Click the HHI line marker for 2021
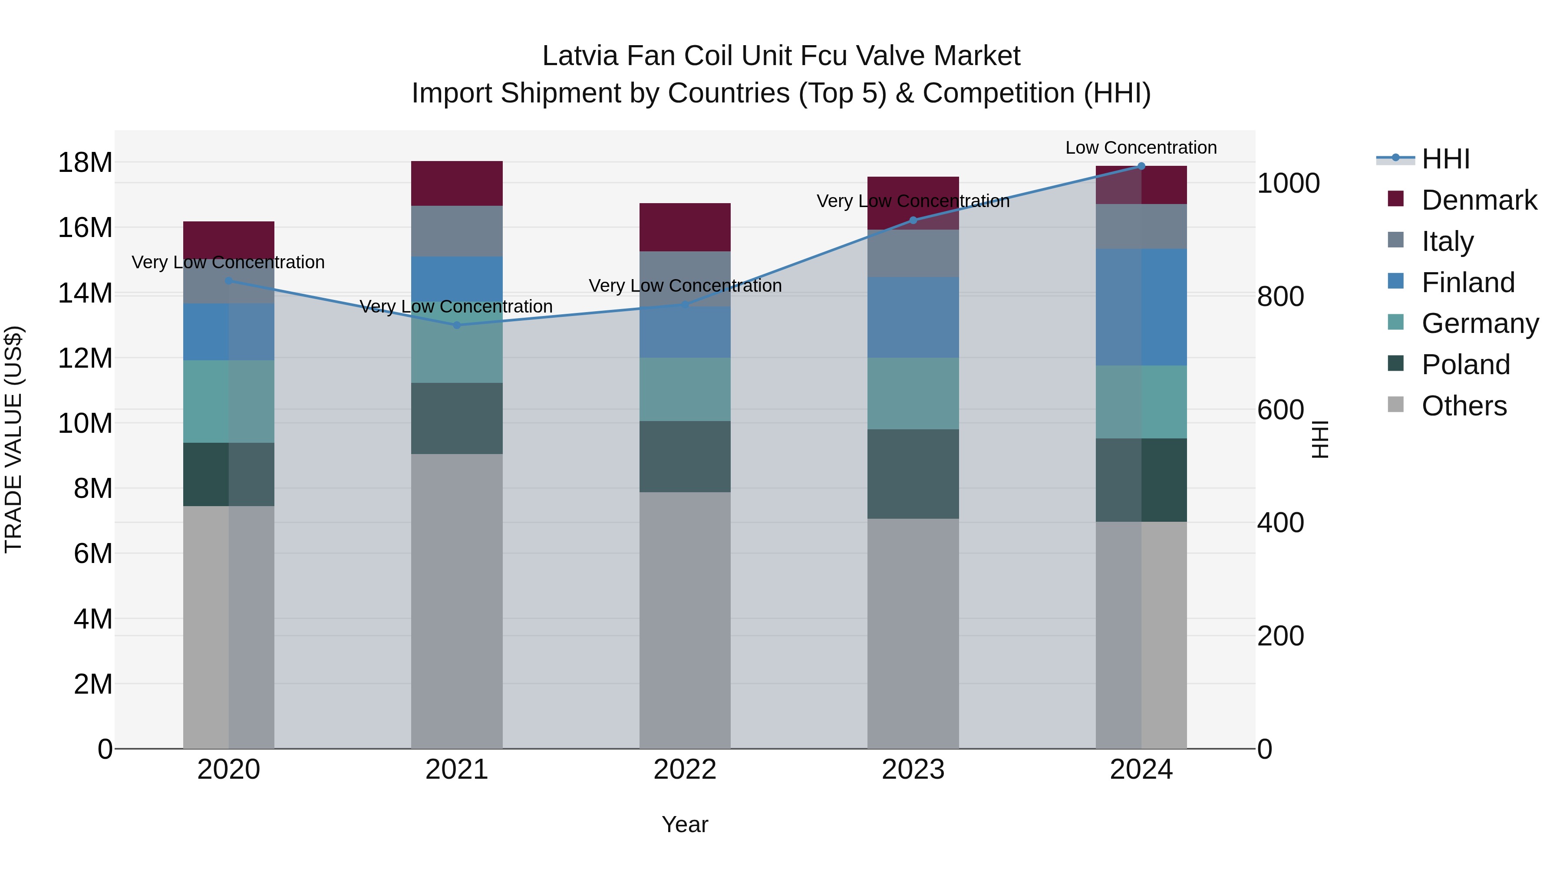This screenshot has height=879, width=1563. point(457,325)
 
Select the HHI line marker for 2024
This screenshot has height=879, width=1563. point(1141,166)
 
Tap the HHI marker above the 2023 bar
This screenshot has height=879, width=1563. point(913,220)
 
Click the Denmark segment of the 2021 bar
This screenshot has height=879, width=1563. point(457,183)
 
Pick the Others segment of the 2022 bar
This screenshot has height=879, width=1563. point(685,620)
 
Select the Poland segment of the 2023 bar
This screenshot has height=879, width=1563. point(913,474)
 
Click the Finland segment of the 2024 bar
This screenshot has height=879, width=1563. point(1141,307)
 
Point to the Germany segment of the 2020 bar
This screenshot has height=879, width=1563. point(229,402)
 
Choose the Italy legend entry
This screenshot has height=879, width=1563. point(1447,241)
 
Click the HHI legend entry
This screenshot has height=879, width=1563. point(1445,159)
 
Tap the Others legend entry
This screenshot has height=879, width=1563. point(1464,406)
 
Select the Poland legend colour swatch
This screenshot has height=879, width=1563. point(1395,364)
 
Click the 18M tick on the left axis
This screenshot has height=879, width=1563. point(85,163)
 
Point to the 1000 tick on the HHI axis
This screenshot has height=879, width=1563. point(1288,183)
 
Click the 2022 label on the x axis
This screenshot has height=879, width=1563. point(685,770)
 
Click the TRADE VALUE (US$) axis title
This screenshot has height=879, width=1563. point(13,439)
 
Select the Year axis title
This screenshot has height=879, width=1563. point(685,824)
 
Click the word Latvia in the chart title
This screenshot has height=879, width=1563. point(580,56)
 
